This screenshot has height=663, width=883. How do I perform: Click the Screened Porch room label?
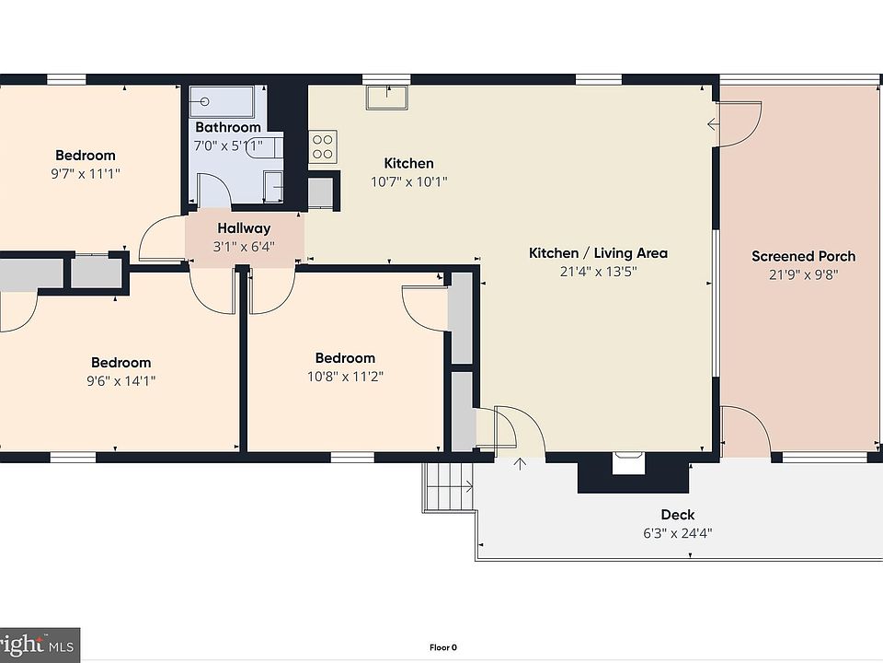tap(804, 256)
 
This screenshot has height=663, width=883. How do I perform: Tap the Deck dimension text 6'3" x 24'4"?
tap(678, 533)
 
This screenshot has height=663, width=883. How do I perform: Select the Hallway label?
tap(244, 228)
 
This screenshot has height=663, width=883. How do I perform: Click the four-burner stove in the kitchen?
tap(323, 146)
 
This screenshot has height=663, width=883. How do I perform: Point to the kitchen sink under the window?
tap(387, 98)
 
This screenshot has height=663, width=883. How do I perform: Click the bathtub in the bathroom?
tap(222, 101)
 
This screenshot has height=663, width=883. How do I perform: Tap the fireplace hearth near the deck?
tap(628, 463)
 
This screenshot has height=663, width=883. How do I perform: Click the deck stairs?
tap(449, 487)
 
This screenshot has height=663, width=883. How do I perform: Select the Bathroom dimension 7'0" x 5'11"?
tap(228, 146)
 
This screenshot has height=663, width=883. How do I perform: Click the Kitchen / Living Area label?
tap(598, 253)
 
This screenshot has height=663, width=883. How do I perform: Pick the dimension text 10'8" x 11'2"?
tap(345, 376)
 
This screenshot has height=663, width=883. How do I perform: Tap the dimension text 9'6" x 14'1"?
tap(120, 380)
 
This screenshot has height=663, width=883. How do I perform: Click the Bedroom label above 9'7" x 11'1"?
tap(85, 155)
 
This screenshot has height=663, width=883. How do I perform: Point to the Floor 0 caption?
tap(443, 647)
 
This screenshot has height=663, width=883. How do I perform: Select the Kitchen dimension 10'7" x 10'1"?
tap(408, 181)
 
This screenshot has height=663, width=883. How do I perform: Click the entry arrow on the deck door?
tap(520, 463)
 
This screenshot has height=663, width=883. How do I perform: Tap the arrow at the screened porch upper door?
tap(713, 124)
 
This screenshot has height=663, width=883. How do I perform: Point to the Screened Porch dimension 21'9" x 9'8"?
tap(804, 274)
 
